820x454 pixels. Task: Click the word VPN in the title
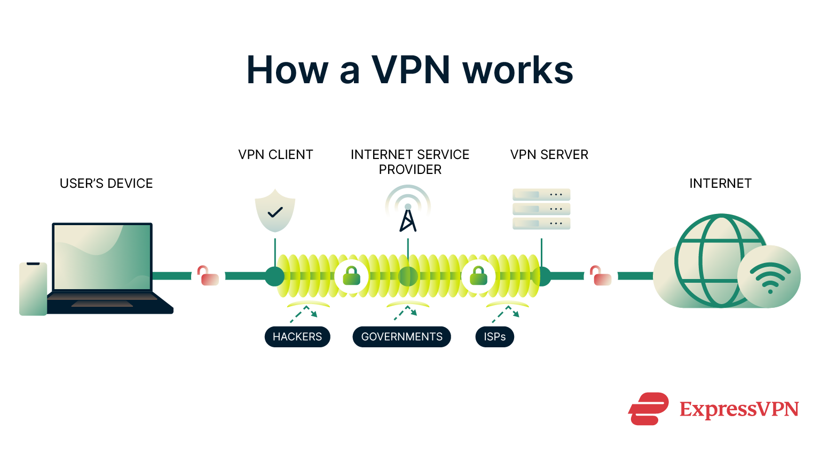point(411,70)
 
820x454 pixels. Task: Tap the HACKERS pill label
point(297,337)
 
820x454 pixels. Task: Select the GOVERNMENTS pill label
point(401,337)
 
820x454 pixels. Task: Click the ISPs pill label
point(494,337)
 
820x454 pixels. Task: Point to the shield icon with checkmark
point(275,211)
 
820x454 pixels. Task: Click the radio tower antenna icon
point(408,210)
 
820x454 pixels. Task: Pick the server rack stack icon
point(541,209)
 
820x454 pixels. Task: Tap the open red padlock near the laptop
point(208,276)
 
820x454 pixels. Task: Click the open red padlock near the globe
point(601,276)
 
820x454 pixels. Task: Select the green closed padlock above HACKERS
point(351,276)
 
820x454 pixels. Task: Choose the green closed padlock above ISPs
point(478,276)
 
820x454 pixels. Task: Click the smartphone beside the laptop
point(33,289)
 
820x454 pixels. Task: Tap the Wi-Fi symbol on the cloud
point(769,277)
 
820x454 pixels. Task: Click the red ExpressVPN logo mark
point(648,409)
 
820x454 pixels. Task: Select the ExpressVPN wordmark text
point(739,409)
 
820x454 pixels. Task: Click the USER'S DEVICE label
point(106,184)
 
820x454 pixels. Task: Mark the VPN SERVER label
point(549,155)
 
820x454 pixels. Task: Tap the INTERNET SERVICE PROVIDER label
point(410,162)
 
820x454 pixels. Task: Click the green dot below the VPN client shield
point(275,276)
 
